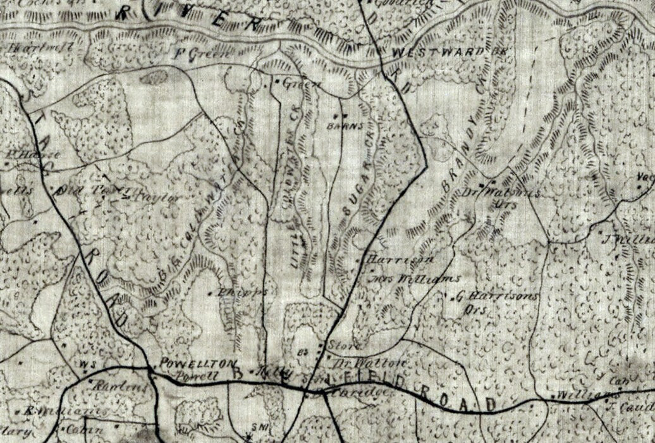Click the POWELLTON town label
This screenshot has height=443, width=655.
(198, 363)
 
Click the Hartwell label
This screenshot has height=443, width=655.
(51, 47)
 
